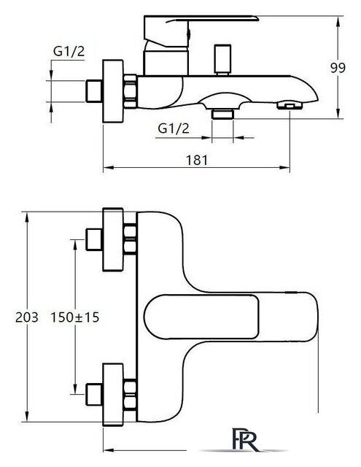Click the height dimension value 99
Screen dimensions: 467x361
point(337,68)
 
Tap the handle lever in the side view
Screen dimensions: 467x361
point(204,28)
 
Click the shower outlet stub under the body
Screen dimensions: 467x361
point(222,114)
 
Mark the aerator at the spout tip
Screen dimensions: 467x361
point(290,107)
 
